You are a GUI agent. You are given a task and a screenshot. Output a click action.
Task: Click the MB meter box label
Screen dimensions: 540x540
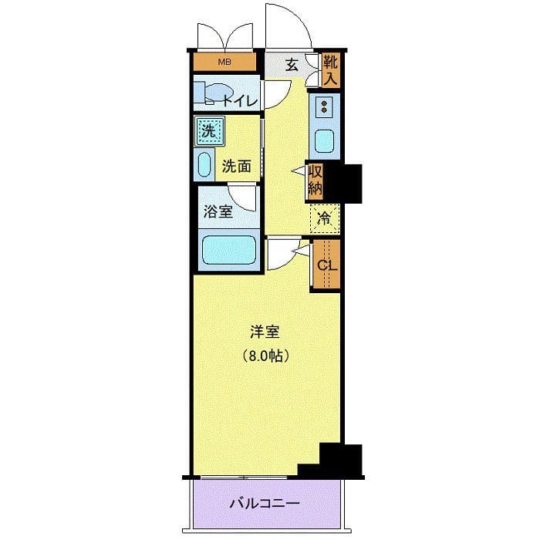pos(224,62)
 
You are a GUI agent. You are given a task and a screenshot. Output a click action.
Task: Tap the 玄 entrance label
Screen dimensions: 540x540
pos(292,65)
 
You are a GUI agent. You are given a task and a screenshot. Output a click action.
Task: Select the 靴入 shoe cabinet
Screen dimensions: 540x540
pos(330,70)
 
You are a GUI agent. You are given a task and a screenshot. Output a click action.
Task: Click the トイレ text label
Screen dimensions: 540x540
pos(240,101)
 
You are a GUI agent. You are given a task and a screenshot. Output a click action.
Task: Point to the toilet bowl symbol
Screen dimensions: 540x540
pos(214,93)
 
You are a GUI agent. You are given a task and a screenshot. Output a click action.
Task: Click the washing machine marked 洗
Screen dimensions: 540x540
pos(209,131)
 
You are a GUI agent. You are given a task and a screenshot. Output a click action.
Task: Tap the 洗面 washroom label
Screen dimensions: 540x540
pos(236,167)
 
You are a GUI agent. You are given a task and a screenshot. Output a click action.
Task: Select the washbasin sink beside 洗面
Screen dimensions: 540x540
pos(204,164)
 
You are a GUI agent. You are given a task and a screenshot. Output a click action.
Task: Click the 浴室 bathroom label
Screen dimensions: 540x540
pos(218,211)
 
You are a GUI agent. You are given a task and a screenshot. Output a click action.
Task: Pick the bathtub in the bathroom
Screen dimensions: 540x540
pos(228,250)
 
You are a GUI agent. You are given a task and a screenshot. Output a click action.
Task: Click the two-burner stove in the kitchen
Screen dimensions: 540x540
pos(324,106)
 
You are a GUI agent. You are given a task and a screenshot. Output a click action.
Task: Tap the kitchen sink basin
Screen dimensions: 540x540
pos(324,141)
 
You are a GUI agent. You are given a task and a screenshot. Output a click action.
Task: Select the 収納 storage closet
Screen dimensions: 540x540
pos(315,181)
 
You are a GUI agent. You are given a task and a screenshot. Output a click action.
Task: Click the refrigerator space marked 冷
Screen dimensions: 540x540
pos(325,219)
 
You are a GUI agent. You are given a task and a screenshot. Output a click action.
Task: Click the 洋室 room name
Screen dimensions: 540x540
pos(265,332)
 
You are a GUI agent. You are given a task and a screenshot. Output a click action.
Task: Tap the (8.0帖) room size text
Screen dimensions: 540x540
pos(265,356)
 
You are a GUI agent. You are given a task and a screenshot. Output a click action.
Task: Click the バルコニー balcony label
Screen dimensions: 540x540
pos(265,504)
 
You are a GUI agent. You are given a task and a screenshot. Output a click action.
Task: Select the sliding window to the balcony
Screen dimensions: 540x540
pos(244,477)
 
